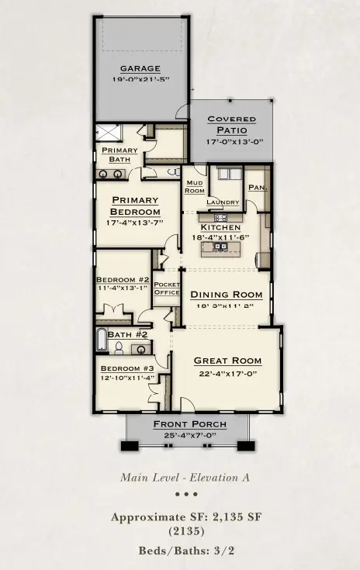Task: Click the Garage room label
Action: click(x=140, y=68)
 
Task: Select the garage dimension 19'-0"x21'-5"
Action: click(x=140, y=78)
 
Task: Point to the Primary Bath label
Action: click(x=119, y=154)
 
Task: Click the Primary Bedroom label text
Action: click(x=134, y=206)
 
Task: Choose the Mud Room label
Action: click(x=194, y=187)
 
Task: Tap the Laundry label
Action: click(x=222, y=202)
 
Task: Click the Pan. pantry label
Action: click(x=257, y=187)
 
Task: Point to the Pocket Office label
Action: click(x=167, y=288)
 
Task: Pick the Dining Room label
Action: click(x=227, y=295)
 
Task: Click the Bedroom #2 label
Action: click(x=117, y=280)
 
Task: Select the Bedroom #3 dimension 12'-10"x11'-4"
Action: click(x=127, y=378)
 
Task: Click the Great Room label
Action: click(x=227, y=361)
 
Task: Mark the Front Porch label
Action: click(x=189, y=424)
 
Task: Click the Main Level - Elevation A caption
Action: click(x=185, y=478)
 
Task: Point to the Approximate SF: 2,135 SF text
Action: click(x=185, y=517)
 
